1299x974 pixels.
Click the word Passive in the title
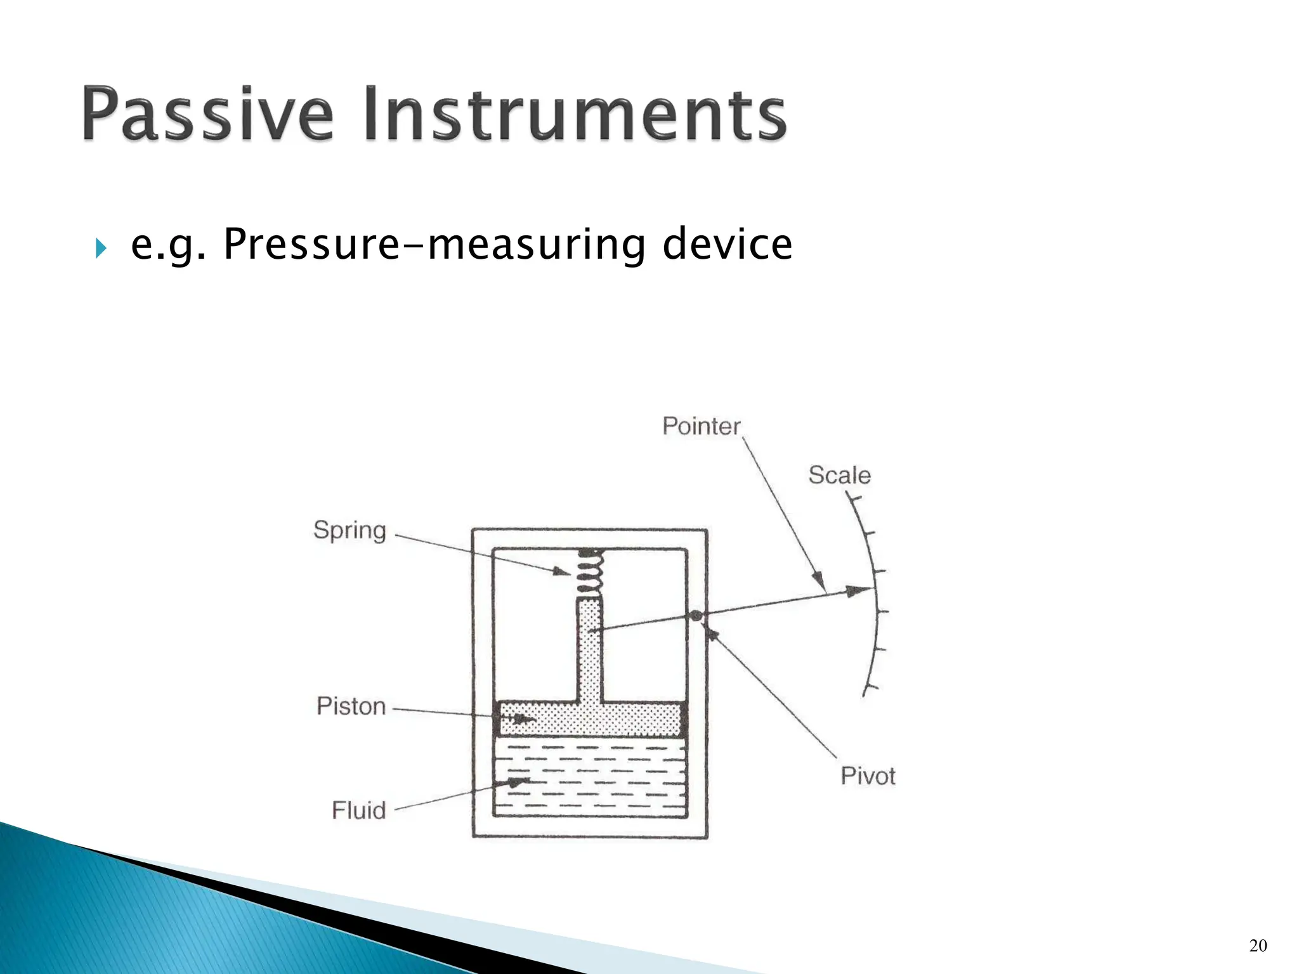(x=207, y=114)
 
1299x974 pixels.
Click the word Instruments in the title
(x=575, y=114)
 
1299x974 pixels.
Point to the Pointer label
(x=701, y=426)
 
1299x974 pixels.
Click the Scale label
(x=839, y=475)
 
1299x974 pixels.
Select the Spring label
(x=349, y=530)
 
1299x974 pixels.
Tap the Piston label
(x=351, y=706)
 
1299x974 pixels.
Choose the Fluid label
(x=358, y=810)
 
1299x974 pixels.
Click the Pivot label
(x=868, y=776)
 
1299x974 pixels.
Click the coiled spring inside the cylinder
(x=589, y=573)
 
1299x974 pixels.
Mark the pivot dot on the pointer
(x=696, y=615)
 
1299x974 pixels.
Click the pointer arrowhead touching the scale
(x=863, y=591)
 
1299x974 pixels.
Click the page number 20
(x=1258, y=945)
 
